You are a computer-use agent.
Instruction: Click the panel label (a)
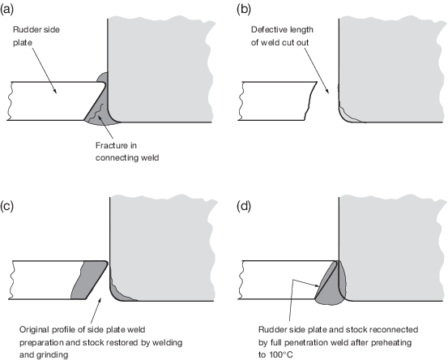(x=6, y=10)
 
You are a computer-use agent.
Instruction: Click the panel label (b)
(x=244, y=10)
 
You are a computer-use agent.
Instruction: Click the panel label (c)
(x=6, y=207)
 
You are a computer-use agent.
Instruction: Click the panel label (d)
(x=244, y=207)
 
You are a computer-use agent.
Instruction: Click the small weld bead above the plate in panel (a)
(x=103, y=77)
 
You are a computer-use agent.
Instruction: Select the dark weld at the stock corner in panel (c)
(x=118, y=292)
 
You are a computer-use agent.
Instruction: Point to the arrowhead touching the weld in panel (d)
(x=317, y=285)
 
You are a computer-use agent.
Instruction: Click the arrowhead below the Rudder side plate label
(x=54, y=91)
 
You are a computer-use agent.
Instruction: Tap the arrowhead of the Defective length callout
(x=327, y=91)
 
